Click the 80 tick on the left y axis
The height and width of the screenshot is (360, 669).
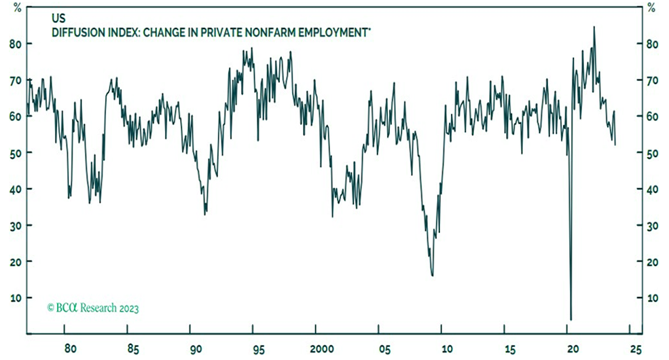click(x=14, y=43)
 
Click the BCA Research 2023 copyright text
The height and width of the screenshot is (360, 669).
click(x=93, y=308)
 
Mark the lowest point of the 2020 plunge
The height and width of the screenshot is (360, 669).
click(x=571, y=319)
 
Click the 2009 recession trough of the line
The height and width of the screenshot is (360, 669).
click(x=433, y=275)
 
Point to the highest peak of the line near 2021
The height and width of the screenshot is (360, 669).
click(x=594, y=27)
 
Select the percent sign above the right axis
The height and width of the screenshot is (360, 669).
click(x=651, y=7)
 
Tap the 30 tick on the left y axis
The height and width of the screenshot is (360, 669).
click(x=14, y=225)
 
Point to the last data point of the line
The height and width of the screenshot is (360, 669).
click(x=615, y=145)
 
